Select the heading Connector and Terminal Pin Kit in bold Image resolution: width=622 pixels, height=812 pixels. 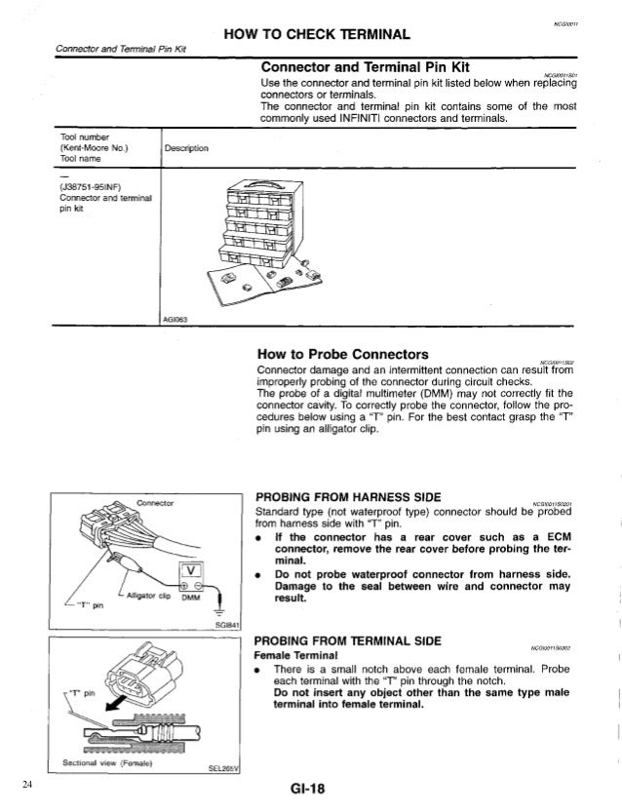[367, 67]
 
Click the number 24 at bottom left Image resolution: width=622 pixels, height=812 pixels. [28, 783]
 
